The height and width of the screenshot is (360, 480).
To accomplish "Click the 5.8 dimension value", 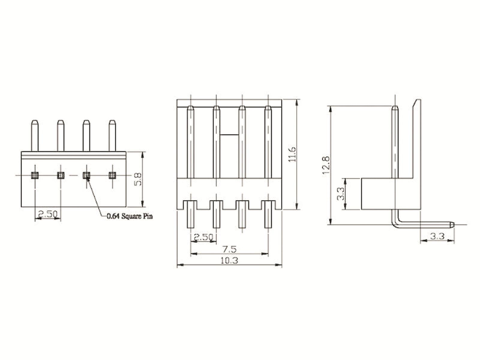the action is pos(137,179).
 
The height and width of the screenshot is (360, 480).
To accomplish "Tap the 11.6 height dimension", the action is pos(292,154).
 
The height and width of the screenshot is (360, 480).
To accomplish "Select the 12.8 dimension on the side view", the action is pos(326,165).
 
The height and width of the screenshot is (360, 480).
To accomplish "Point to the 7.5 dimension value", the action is pos(229,249).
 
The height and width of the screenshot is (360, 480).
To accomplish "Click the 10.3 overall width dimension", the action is pos(229,260).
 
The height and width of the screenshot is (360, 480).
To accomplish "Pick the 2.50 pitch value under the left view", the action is pos(48,214).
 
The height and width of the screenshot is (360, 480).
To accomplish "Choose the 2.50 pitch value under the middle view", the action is pos(203,237).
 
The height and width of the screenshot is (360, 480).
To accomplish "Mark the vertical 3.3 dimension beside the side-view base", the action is pos(341,194).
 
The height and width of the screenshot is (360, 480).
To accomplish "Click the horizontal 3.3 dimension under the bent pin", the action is pos(437,236).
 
